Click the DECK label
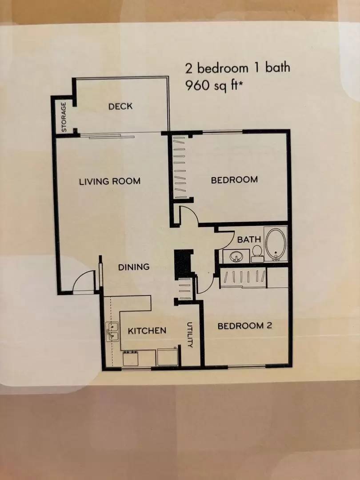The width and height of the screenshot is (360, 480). click(120, 107)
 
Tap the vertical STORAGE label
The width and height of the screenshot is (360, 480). click(64, 117)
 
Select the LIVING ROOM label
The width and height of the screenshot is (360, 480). click(110, 181)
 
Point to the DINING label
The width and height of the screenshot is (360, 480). click(133, 267)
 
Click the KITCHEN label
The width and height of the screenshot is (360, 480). click(147, 331)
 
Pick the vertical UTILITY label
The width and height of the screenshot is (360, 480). click(190, 335)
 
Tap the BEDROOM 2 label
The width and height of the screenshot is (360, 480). click(244, 326)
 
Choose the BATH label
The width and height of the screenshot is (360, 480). click(249, 240)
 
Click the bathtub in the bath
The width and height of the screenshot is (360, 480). click(276, 244)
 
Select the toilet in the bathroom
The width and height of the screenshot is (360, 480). click(257, 253)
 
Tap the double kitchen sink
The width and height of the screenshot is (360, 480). click(112, 332)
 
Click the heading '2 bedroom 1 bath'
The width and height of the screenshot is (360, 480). click(237, 68)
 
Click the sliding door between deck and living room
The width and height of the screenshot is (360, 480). click(112, 136)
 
